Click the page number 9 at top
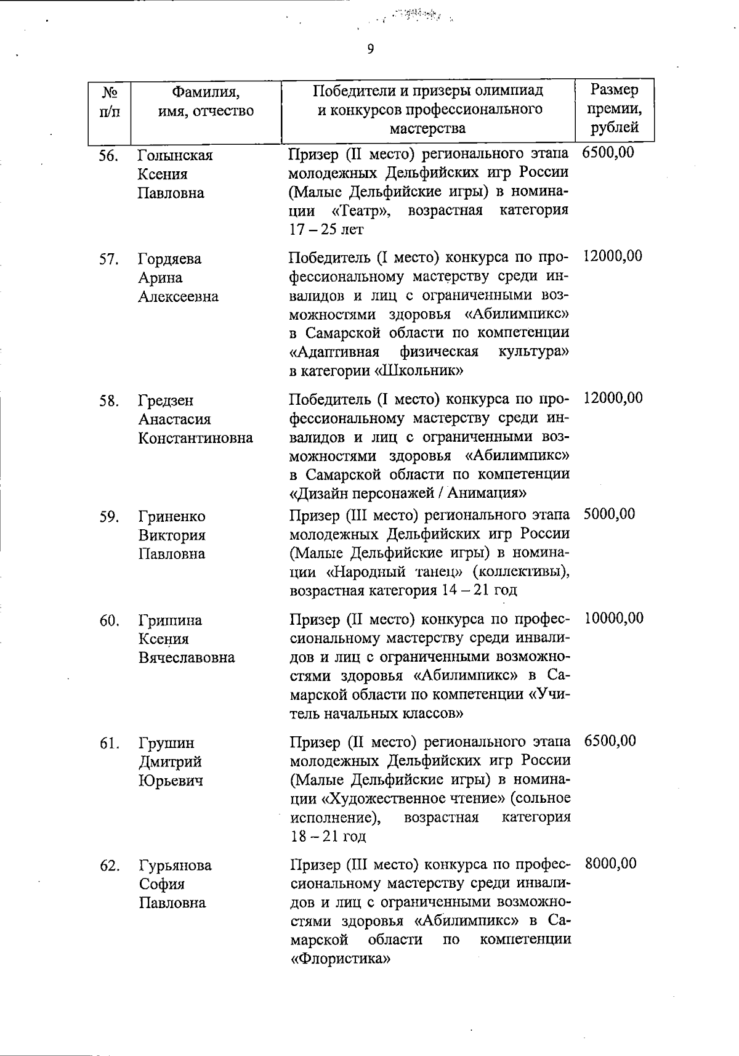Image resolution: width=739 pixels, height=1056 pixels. (x=370, y=49)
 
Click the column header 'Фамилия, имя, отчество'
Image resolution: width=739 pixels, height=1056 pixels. (x=206, y=102)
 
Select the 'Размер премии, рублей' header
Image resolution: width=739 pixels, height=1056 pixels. (x=614, y=109)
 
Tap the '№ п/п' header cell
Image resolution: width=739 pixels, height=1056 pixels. (x=108, y=102)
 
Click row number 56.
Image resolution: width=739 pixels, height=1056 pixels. (x=108, y=156)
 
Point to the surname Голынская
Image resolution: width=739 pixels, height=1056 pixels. (x=175, y=155)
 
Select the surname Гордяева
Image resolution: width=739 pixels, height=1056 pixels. (x=169, y=259)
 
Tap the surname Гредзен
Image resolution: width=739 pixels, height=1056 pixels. (x=166, y=400)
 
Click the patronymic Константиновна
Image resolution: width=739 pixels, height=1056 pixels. (x=195, y=438)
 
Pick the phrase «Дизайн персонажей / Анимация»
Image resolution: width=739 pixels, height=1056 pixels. (x=408, y=493)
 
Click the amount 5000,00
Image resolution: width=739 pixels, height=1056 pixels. (x=609, y=514)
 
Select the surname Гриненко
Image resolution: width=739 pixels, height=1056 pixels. (x=171, y=516)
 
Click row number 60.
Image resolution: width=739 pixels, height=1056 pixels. (x=108, y=621)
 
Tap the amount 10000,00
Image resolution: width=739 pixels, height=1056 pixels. (x=613, y=618)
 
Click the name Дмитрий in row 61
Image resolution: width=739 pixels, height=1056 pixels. (x=169, y=762)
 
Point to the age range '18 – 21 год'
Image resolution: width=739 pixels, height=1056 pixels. (x=328, y=837)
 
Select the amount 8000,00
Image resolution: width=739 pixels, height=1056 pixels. (x=610, y=864)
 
